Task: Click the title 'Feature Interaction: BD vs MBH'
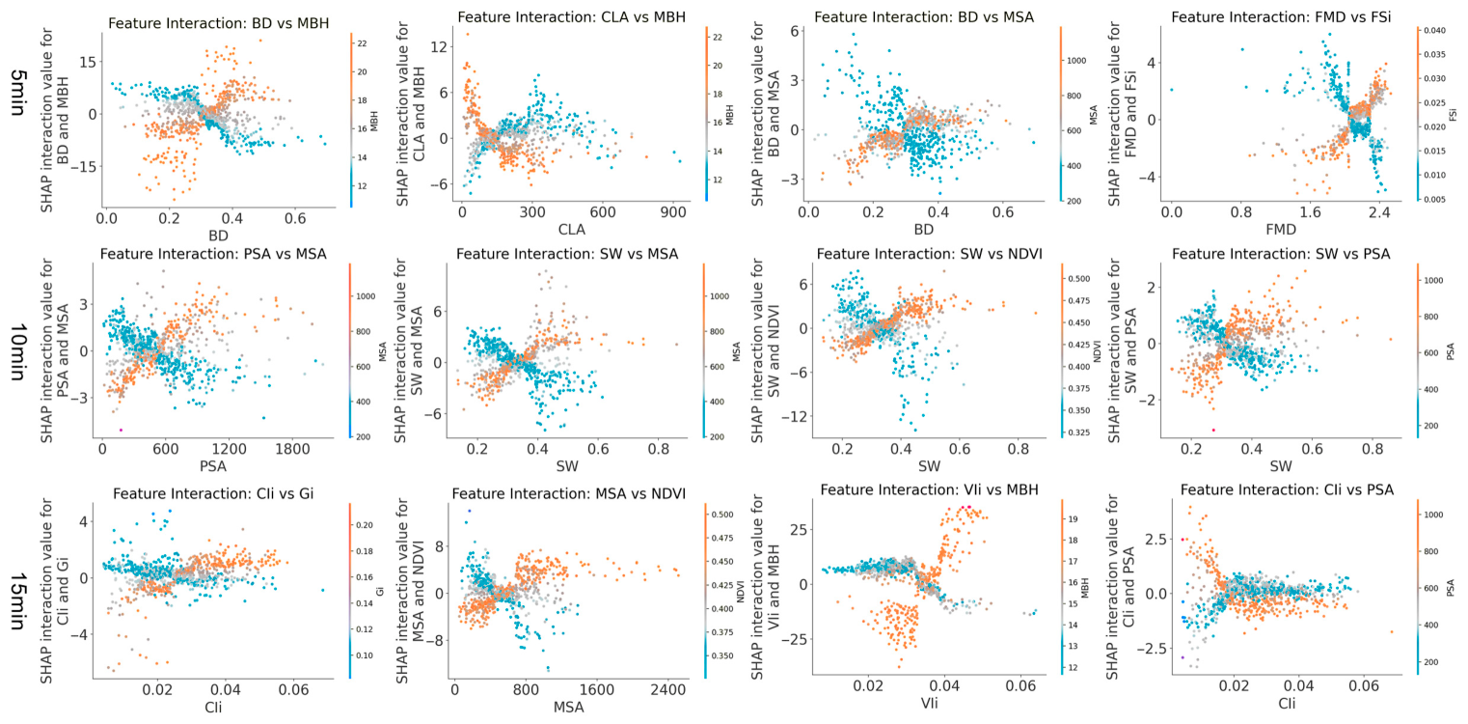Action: (x=218, y=23)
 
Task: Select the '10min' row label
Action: (x=18, y=352)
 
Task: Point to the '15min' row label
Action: (x=18, y=601)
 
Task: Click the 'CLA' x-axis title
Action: (x=571, y=230)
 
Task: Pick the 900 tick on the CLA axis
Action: (x=673, y=213)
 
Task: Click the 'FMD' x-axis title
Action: (x=1281, y=230)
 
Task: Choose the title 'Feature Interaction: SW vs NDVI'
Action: (x=929, y=254)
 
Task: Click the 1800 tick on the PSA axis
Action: (x=292, y=450)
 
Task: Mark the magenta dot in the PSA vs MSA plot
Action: (x=121, y=431)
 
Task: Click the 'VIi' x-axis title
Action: (x=929, y=703)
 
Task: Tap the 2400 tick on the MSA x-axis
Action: (x=667, y=690)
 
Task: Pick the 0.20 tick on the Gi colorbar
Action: (x=365, y=525)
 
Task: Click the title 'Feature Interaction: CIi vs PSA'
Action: (x=1287, y=489)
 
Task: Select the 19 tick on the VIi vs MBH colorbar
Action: (x=1073, y=519)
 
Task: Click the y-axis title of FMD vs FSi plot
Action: (x=1123, y=114)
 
